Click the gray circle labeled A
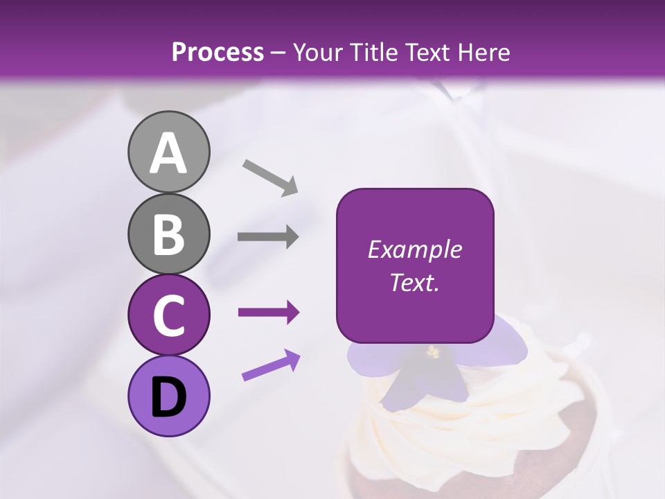click(x=168, y=152)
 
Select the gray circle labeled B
click(x=168, y=234)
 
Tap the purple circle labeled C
click(x=168, y=315)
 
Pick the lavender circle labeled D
click(x=168, y=396)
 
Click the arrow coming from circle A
click(x=270, y=177)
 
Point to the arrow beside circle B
click(x=268, y=236)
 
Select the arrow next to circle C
click(x=268, y=313)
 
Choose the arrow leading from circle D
click(x=271, y=366)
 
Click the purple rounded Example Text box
click(x=415, y=265)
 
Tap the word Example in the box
click(x=415, y=249)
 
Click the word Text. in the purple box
click(x=415, y=282)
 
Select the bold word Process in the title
click(x=218, y=53)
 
